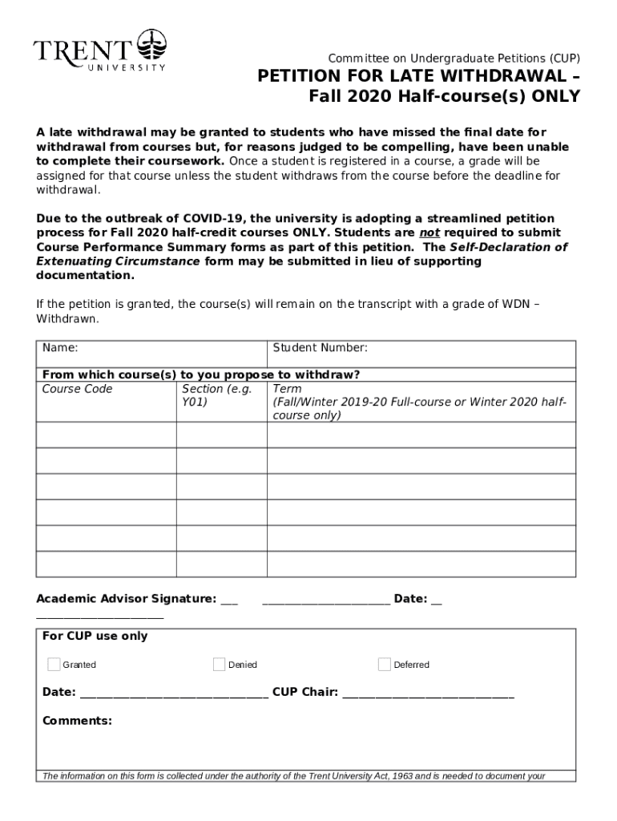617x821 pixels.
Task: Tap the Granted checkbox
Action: click(54, 664)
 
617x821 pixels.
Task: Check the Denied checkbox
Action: click(220, 664)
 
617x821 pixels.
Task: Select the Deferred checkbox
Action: click(385, 664)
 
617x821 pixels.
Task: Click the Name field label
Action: click(60, 348)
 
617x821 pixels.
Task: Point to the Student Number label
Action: click(320, 348)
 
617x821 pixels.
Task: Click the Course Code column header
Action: click(77, 389)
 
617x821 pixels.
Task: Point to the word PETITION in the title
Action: click(295, 77)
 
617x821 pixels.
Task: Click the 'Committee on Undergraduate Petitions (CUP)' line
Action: click(454, 59)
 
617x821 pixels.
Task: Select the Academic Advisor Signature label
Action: click(126, 599)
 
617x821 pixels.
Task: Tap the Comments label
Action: click(77, 721)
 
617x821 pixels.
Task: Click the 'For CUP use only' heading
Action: click(95, 636)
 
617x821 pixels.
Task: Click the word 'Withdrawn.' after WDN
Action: click(68, 318)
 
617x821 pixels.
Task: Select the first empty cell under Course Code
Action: click(106, 435)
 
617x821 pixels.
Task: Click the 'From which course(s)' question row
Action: click(200, 374)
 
